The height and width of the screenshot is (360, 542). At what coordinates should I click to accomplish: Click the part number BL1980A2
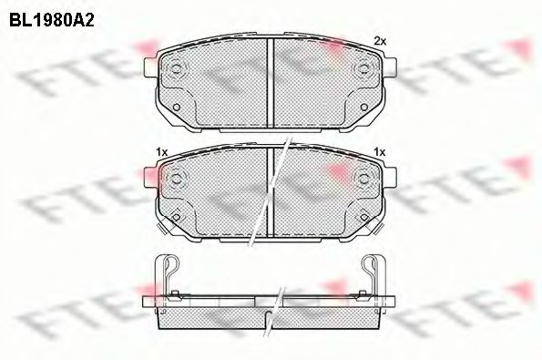coord(52,21)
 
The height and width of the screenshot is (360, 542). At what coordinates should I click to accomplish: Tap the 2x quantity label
coord(380,42)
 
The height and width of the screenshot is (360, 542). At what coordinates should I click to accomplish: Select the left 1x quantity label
coord(162,152)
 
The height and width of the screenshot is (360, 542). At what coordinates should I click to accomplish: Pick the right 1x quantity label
coord(380,152)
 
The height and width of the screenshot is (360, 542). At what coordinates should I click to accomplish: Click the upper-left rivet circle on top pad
coord(176,68)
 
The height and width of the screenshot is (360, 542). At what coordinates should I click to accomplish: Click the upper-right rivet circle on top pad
coord(363,67)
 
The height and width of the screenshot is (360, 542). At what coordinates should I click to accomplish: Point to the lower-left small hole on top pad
coord(176,108)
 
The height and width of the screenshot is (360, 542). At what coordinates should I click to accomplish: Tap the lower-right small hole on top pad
coord(363,108)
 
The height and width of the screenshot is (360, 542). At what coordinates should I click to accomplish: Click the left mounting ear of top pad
coord(149,67)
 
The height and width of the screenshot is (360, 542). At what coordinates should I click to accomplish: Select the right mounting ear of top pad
coord(389,67)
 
